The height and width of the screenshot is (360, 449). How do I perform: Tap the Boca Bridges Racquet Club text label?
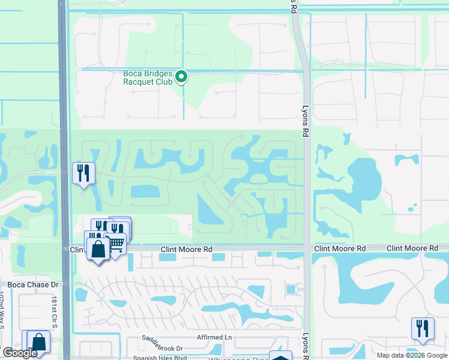coord(148,78)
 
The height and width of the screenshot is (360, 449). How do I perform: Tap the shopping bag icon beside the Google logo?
coord(39,341)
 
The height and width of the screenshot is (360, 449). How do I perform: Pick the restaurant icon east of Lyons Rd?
coord(423,328)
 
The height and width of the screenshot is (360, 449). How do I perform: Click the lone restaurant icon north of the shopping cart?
coord(83,173)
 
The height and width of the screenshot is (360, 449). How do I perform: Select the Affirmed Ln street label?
coord(211,337)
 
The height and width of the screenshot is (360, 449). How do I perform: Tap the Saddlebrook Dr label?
coord(162,347)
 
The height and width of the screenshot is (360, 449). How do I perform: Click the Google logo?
coord(20,353)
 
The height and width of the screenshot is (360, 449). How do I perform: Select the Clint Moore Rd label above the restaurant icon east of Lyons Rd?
coord(412,248)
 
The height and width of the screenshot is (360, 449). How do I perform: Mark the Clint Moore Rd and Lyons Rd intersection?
coord(306,248)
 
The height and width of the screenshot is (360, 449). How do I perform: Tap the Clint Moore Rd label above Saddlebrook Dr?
coord(187,248)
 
